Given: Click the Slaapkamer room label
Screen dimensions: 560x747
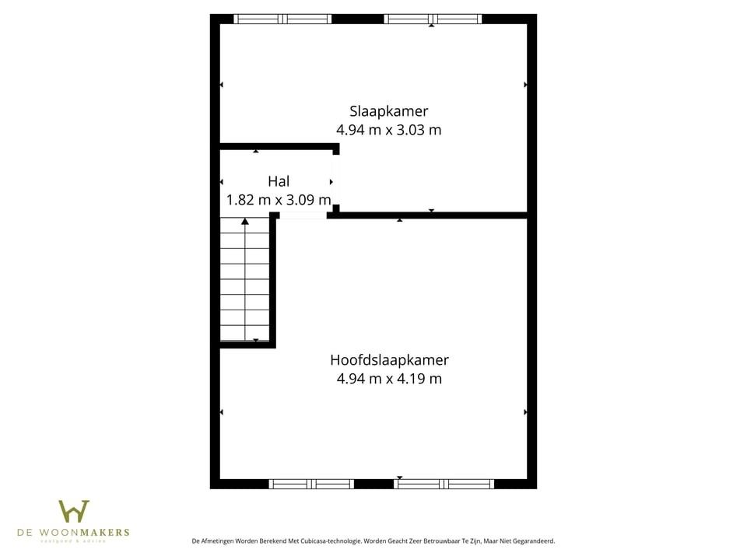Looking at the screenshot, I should (x=388, y=111).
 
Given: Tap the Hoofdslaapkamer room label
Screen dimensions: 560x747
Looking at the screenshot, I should (x=389, y=360).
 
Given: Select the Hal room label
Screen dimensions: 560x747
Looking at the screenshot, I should (x=279, y=181).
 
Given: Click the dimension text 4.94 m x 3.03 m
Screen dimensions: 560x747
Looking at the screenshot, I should (x=388, y=130).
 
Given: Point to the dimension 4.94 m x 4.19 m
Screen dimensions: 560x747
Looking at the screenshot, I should (x=389, y=379).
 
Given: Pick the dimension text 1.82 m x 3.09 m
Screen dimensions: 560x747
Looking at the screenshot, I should (x=278, y=200).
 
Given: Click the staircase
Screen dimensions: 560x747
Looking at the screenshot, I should (x=245, y=280).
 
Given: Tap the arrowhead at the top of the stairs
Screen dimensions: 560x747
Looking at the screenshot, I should (x=245, y=222).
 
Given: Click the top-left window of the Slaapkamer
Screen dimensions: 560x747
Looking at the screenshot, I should (x=282, y=19).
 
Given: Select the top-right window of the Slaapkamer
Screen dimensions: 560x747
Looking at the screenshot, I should (x=433, y=19).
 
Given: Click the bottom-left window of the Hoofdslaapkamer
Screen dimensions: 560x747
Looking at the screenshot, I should (x=311, y=484).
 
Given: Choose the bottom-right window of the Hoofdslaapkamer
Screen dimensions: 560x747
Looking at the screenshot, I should (x=444, y=484).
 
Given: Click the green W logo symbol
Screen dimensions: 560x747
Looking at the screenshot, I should (x=73, y=513).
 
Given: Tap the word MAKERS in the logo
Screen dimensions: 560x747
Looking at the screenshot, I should (x=104, y=533).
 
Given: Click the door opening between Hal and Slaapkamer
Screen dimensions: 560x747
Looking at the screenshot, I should (x=335, y=180).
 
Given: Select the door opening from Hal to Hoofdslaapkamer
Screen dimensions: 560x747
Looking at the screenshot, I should (x=303, y=215).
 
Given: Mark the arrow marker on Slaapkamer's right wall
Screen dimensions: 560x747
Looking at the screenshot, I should (x=526, y=84).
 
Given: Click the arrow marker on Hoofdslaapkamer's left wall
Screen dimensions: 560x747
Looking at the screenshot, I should (x=222, y=412).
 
